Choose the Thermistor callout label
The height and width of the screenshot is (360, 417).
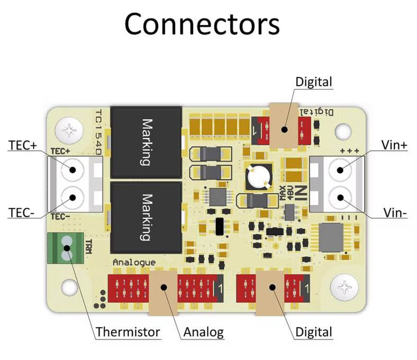click(128, 332)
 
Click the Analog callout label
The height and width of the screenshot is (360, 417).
click(203, 332)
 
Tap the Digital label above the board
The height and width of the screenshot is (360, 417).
click(314, 82)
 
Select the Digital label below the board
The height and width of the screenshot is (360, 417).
click(314, 332)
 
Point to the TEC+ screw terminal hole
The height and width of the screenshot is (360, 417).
click(70, 170)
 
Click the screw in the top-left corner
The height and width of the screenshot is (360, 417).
click(70, 129)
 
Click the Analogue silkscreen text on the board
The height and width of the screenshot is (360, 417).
click(134, 263)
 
